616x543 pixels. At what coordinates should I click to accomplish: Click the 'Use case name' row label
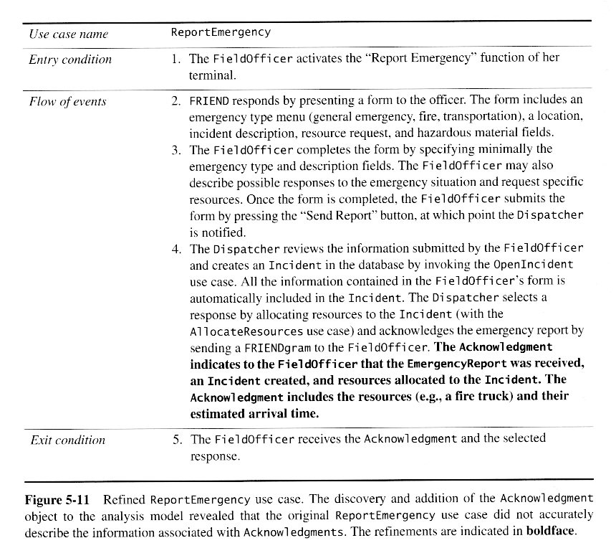[x=69, y=34]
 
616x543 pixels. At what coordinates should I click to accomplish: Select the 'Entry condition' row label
[x=70, y=60]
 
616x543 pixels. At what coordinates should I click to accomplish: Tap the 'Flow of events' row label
[x=67, y=101]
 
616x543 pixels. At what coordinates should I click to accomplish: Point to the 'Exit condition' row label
[x=67, y=440]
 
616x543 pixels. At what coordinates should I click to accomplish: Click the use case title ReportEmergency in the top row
[x=221, y=32]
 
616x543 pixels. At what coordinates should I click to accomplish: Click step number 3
[x=176, y=150]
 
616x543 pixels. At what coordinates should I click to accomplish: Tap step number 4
[x=176, y=249]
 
